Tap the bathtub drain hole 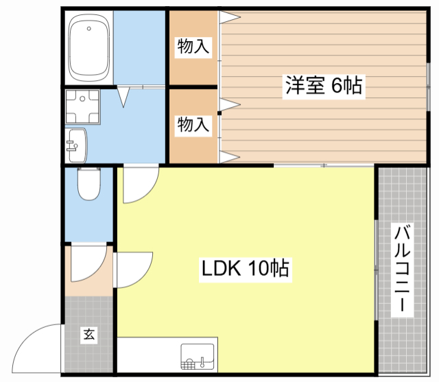pos(88,29)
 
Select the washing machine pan pos(82,106)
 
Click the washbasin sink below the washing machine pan pos(76,145)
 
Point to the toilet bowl pos(88,184)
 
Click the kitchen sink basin pos(197,357)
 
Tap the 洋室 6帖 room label pos(324,86)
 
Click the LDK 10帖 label pos(246,268)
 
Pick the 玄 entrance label pos(89,334)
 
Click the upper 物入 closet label pos(193,47)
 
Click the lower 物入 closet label pos(193,125)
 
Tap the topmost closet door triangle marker pos(230,17)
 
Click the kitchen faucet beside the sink pos(202,362)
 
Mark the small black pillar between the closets pos(219,113)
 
